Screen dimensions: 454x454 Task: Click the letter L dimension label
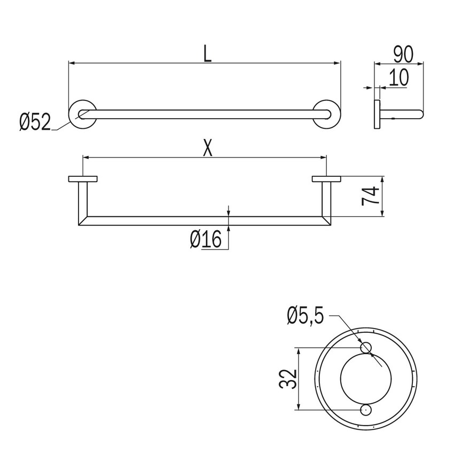point(207,54)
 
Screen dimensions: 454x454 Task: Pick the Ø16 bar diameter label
point(205,240)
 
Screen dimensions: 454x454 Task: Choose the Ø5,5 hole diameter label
point(305,317)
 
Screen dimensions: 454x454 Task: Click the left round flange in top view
point(82,114)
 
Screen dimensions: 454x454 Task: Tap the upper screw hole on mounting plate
point(366,348)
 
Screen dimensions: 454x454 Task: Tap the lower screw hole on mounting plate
point(366,410)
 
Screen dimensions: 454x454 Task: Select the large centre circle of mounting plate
point(366,379)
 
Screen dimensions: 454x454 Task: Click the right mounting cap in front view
point(327,179)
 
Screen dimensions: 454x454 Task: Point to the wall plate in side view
point(377,114)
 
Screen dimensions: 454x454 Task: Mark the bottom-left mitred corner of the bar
point(83,221)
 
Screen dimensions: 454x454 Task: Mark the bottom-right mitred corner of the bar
point(326,221)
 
